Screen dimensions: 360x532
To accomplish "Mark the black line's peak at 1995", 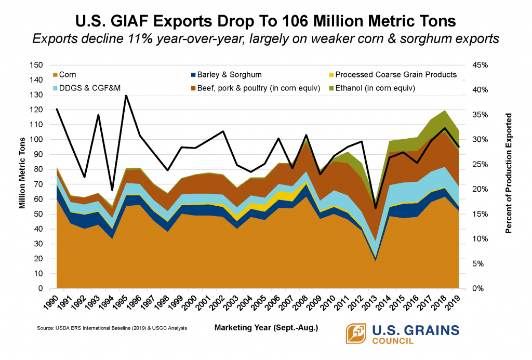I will [126, 96].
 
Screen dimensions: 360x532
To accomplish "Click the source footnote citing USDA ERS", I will [112, 328].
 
